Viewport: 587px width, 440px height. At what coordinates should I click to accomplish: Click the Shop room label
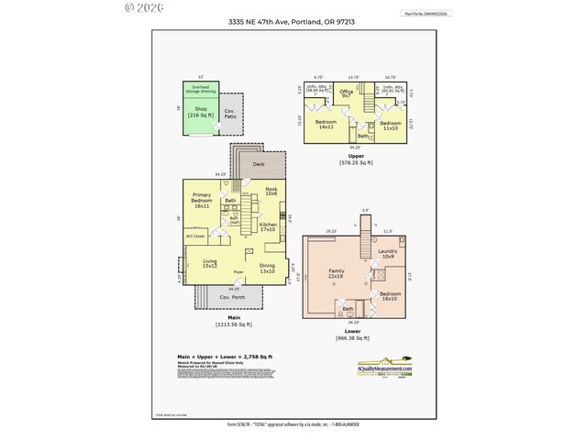pos(200,112)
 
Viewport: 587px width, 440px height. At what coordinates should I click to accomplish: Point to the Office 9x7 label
pos(346,93)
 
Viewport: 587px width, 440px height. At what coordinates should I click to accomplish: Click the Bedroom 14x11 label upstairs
pos(326,124)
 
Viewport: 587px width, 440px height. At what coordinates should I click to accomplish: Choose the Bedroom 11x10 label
pos(390,125)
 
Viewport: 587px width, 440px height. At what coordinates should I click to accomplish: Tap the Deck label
pos(259,164)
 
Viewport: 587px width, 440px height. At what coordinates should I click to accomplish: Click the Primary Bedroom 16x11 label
pos(203,201)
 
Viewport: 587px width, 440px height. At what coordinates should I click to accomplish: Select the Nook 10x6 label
pos(271,192)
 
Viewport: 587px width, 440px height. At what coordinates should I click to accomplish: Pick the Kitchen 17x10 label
pos(268,226)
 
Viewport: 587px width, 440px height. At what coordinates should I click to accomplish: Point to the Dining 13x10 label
pos(267,268)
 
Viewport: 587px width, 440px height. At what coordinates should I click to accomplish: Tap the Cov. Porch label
pos(229,298)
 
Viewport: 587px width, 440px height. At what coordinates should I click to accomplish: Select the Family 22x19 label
pos(341,272)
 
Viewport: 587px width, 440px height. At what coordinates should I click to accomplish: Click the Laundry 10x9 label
pos(386,254)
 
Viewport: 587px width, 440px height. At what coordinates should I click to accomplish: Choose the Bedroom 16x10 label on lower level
pos(389,296)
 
